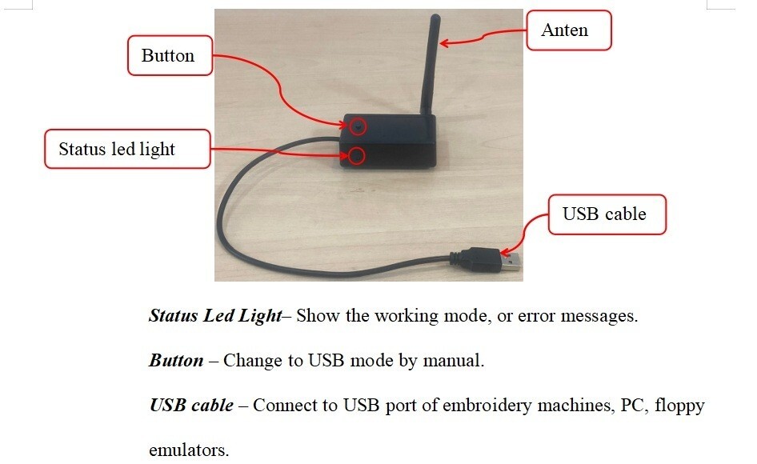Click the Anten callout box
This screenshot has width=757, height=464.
(x=568, y=31)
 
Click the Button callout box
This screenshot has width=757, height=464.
(x=168, y=56)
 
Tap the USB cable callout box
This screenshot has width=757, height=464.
(x=605, y=214)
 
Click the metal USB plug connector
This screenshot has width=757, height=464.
(x=513, y=261)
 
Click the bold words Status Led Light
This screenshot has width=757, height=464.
(x=214, y=315)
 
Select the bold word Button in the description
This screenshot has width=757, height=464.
(x=176, y=360)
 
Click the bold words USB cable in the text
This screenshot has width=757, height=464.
(x=191, y=405)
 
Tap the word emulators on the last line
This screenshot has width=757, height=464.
(x=188, y=450)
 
